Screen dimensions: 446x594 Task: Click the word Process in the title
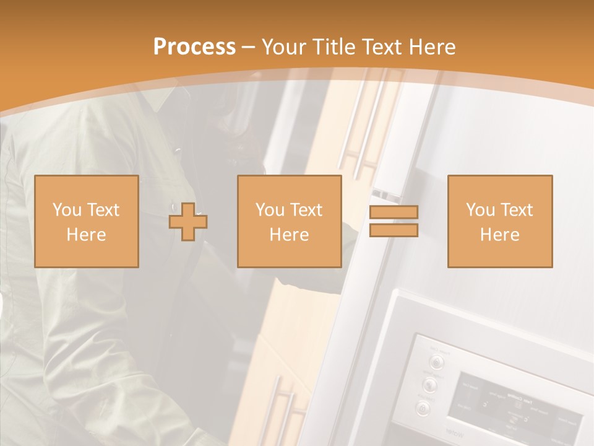tap(194, 47)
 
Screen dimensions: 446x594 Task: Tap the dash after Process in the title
tap(249, 47)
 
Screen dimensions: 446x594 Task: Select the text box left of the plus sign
tap(87, 221)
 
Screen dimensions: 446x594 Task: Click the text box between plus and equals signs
tap(290, 221)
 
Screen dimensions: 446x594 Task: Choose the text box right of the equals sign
tap(500, 221)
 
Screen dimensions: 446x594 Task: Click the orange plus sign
tap(188, 222)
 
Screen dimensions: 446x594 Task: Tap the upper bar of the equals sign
tap(394, 212)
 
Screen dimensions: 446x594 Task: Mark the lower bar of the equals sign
tap(394, 230)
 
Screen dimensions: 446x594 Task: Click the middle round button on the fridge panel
tap(429, 385)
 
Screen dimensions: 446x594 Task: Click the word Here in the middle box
tap(290, 234)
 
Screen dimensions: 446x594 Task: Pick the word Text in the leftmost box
tap(103, 210)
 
